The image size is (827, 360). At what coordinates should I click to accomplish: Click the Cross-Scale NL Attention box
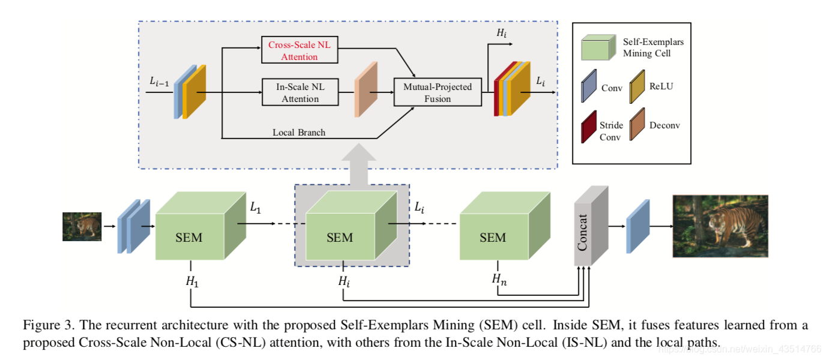(x=299, y=50)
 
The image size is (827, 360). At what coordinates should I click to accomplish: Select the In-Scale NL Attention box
(x=300, y=92)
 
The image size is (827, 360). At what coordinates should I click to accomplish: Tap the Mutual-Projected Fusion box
(x=438, y=92)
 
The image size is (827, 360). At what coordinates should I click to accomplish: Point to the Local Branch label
(x=299, y=132)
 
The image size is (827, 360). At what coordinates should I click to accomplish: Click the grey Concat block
(x=591, y=226)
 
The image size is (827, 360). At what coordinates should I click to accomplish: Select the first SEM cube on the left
(x=200, y=226)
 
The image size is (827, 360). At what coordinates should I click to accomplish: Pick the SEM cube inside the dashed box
(x=352, y=226)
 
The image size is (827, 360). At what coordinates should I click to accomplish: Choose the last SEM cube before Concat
(x=505, y=226)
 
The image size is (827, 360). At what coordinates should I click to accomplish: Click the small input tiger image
(x=82, y=227)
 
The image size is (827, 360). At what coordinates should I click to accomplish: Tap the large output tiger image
(x=720, y=226)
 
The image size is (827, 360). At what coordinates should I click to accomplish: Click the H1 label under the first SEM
(x=192, y=282)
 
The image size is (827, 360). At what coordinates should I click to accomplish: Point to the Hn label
(x=499, y=279)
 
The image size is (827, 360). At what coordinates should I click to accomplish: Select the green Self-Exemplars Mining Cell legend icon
(x=598, y=47)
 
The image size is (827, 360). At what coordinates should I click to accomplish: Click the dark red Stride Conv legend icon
(x=589, y=127)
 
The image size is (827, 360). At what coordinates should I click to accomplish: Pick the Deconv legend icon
(x=637, y=124)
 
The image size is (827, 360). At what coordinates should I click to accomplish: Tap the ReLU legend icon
(x=637, y=87)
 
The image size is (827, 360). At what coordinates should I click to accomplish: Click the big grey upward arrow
(x=358, y=164)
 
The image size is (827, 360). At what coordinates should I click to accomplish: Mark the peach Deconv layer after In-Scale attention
(x=366, y=89)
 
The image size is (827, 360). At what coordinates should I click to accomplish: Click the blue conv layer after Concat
(x=638, y=226)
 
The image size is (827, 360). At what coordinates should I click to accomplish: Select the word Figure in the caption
(x=41, y=325)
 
